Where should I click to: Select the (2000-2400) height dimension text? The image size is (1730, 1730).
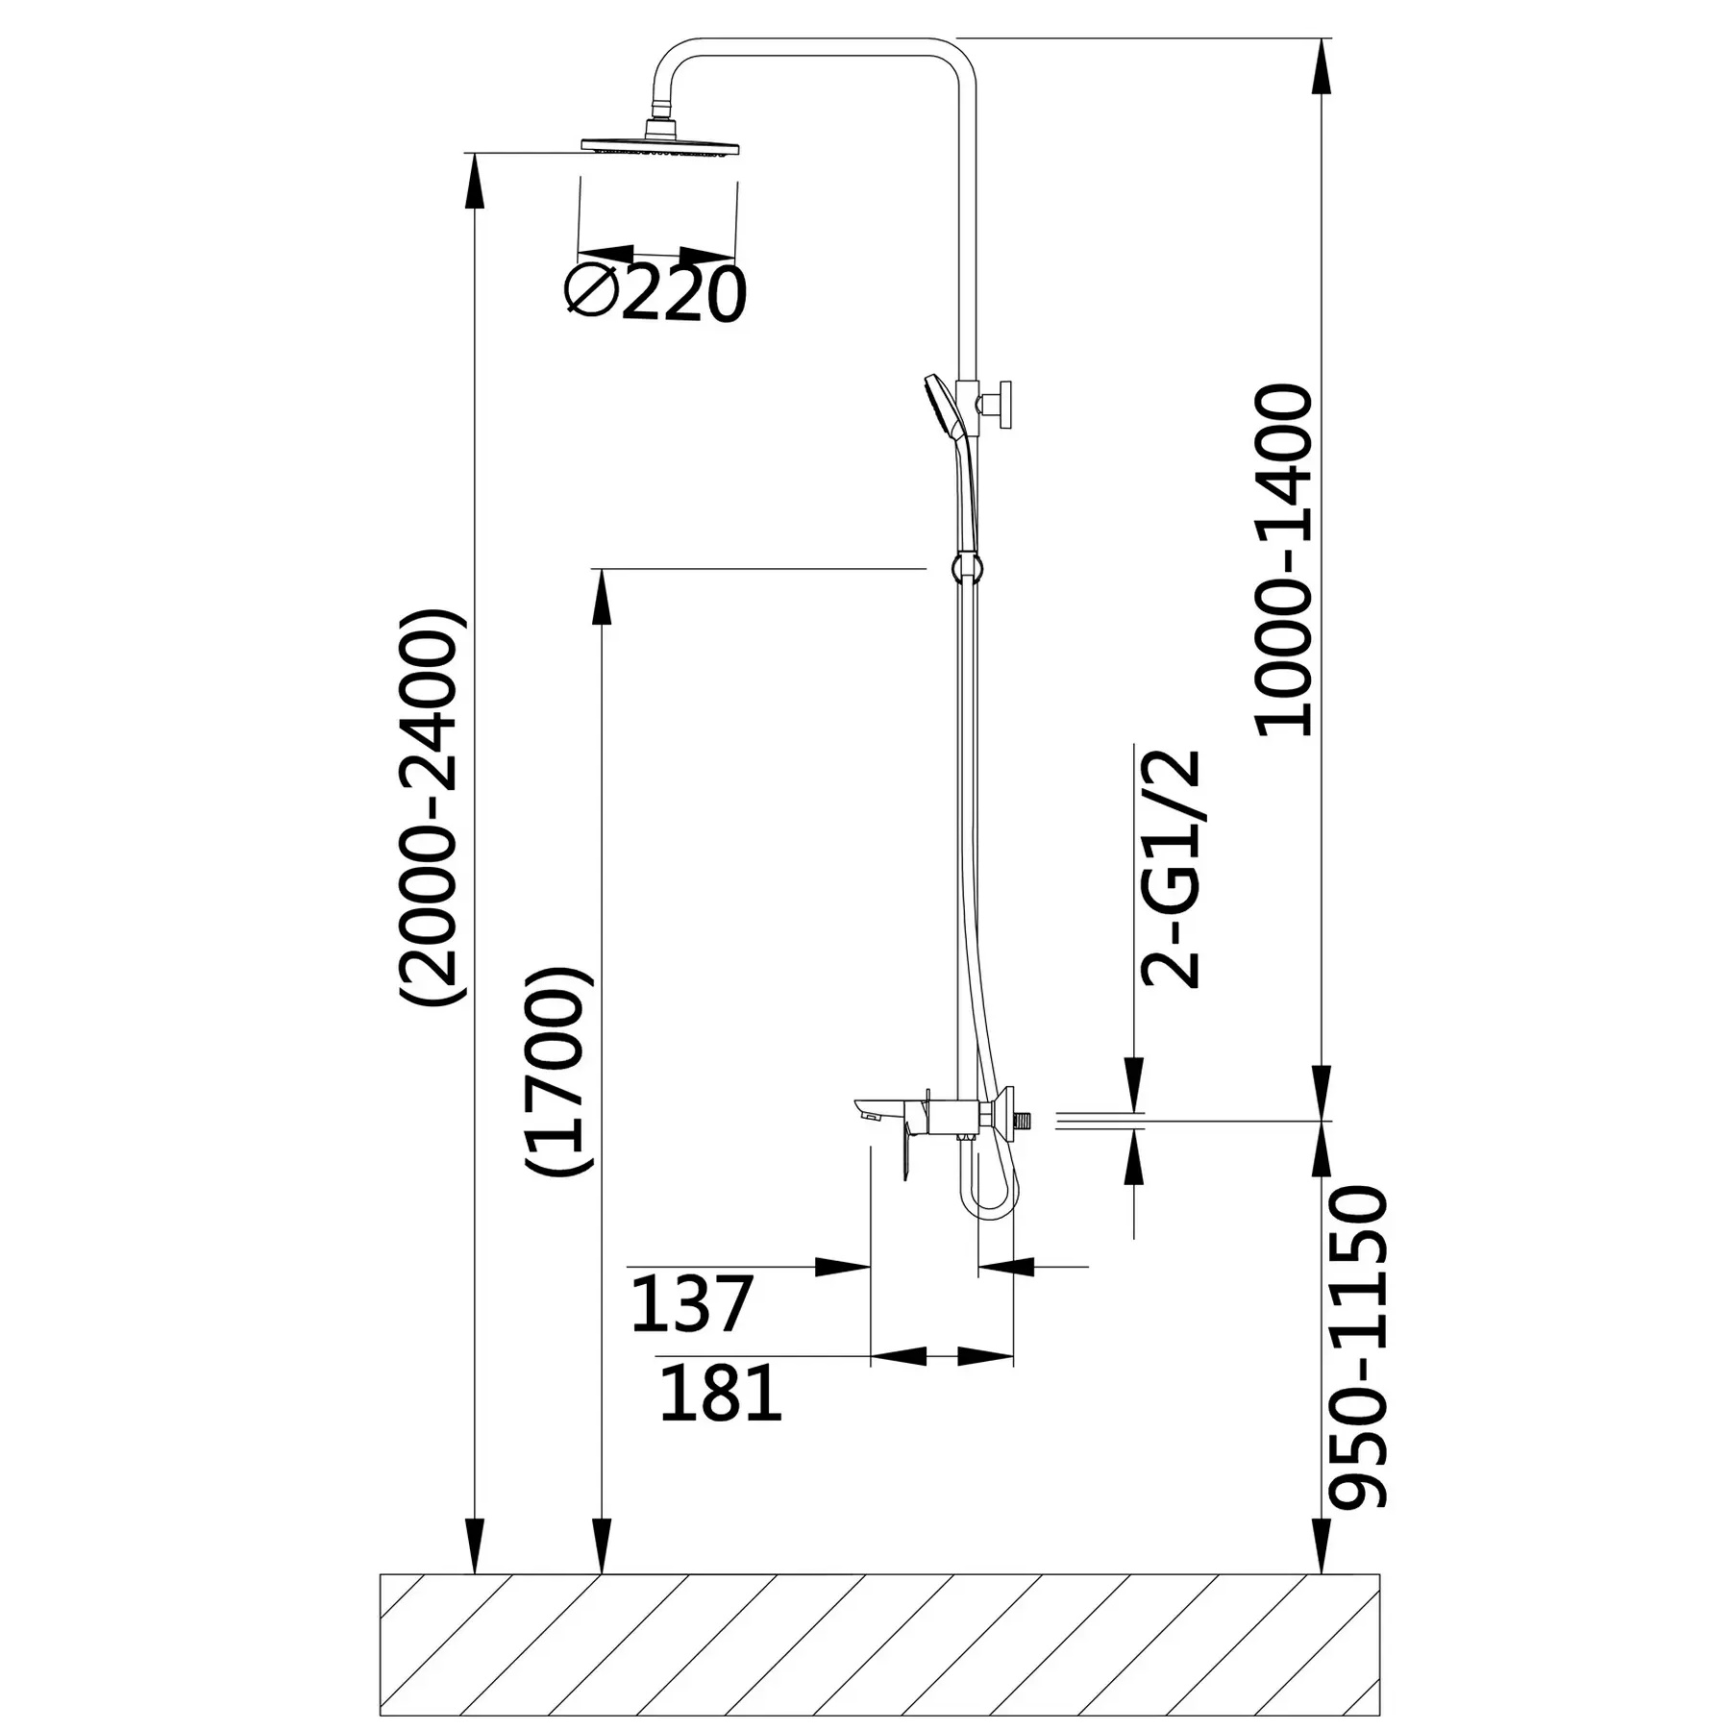(433, 806)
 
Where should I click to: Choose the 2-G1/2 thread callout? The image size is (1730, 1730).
(1171, 869)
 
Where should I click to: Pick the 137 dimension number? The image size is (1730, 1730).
(691, 1304)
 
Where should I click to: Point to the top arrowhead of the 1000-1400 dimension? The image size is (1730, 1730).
(1322, 67)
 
